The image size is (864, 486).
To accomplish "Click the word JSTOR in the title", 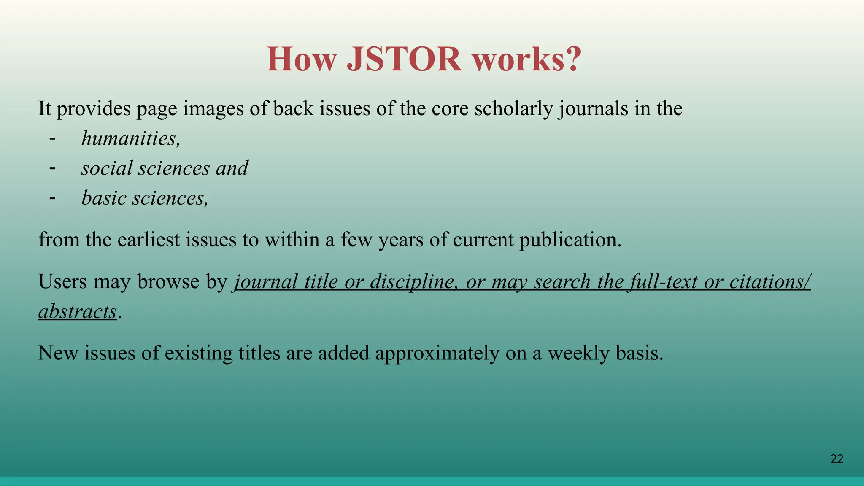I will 404,59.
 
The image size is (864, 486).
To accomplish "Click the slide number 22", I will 837,459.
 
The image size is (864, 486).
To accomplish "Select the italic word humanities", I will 130,138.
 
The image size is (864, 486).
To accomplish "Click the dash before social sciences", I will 52,168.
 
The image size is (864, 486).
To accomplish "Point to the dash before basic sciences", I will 52,198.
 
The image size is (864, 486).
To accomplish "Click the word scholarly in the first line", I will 513,109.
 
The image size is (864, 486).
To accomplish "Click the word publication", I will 570,240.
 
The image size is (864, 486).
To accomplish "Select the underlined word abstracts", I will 77,312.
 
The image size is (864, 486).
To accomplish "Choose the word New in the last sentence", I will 58,353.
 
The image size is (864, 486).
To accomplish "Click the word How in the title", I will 302,59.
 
